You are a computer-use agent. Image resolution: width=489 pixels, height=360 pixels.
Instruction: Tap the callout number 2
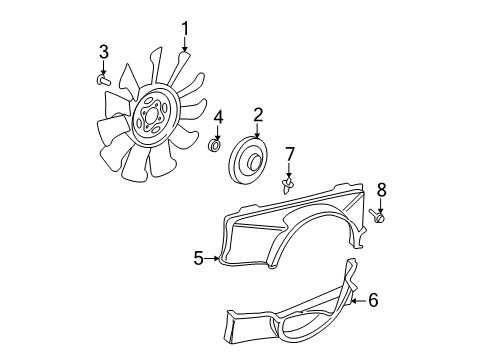pos(257,115)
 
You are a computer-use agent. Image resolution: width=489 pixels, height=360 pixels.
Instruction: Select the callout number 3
pos(103,52)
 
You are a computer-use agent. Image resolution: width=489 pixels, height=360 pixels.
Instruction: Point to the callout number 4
pos(217,120)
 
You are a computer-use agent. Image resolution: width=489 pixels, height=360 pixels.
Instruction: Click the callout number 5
pos(198,259)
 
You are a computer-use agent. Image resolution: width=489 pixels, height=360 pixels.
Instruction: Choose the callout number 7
pos(290,154)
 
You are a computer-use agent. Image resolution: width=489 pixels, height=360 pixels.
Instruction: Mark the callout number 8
pos(381,188)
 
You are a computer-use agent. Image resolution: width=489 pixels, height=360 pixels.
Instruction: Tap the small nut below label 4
pos(215,147)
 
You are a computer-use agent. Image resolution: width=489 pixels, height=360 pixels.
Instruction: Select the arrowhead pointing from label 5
pos(217,259)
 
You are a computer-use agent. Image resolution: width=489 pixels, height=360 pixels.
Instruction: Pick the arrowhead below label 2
pos(257,140)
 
